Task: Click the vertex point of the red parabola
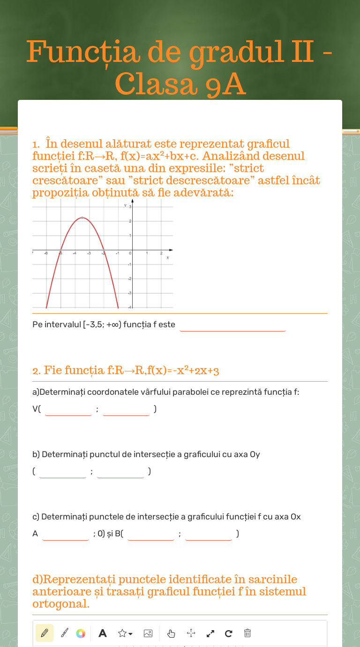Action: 82,218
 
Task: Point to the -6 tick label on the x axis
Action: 46,254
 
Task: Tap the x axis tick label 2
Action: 161,254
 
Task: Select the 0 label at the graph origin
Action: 130,254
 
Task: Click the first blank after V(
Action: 68,409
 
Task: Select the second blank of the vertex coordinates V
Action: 126,409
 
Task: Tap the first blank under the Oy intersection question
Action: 63,472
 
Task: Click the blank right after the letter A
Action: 66,534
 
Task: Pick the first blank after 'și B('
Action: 151,534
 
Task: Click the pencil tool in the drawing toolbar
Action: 45,633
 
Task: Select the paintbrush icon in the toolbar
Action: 65,633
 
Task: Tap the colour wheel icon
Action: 81,633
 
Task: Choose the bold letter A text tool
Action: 103,633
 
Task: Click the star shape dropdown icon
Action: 125,633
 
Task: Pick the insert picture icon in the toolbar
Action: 148,633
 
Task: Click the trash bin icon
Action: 247,633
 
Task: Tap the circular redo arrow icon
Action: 229,633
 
